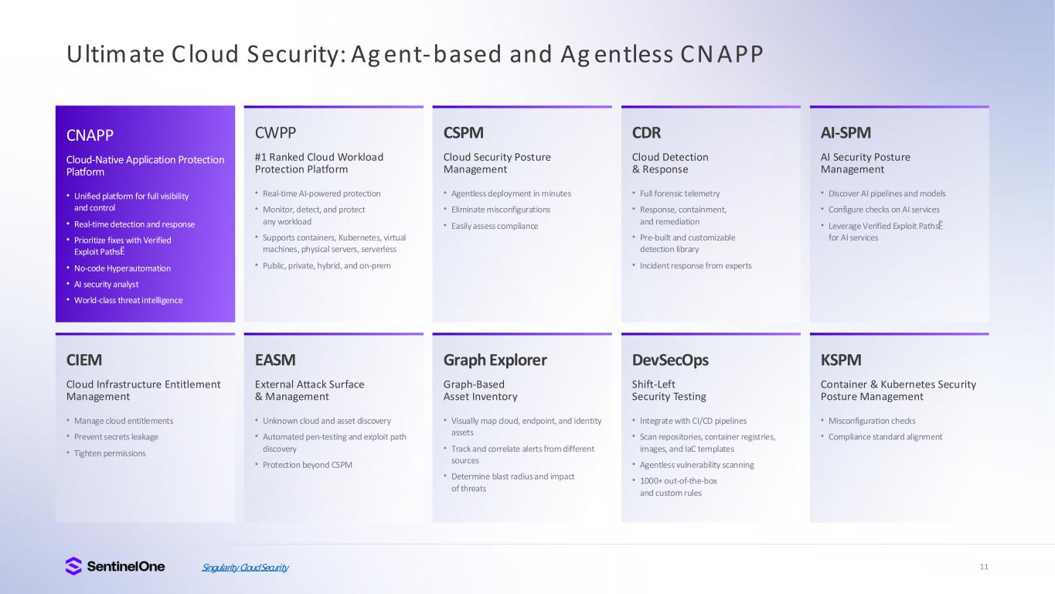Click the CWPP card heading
[275, 133]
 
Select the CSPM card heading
[464, 133]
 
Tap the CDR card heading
[646, 133]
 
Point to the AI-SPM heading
[846, 133]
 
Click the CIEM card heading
[83, 360]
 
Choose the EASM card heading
[275, 360]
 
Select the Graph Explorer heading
[495, 360]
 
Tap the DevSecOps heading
[670, 360]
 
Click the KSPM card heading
[841, 360]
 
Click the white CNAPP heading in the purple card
[90, 135]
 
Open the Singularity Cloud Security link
[245, 567]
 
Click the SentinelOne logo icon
[73, 566]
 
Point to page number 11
[984, 567]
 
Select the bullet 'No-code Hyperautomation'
[122, 268]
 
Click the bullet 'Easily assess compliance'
[495, 226]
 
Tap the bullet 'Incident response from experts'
[696, 265]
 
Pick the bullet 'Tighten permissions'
[110, 453]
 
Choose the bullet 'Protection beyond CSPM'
[308, 465]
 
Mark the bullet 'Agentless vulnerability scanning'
[697, 465]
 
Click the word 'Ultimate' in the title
[115, 53]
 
